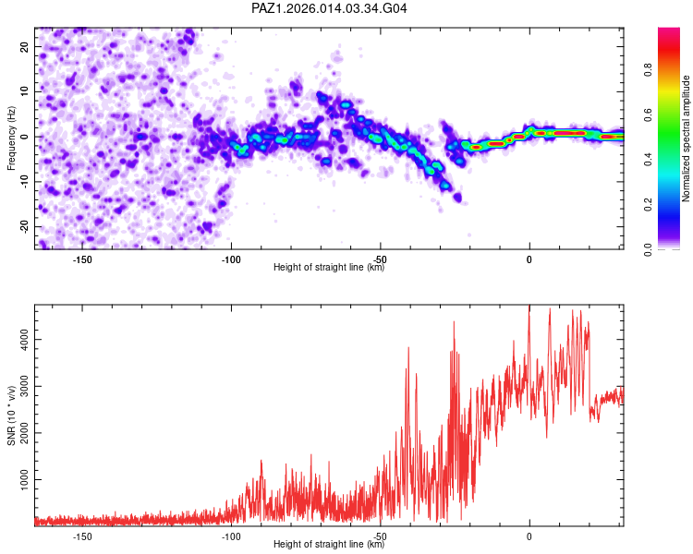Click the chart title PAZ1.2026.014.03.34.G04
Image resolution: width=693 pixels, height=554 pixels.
[x=329, y=8]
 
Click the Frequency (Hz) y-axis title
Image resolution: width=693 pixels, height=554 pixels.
[x=11, y=138]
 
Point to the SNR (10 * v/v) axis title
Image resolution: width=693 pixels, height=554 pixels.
[x=11, y=414]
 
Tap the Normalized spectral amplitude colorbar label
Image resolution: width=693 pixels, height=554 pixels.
[x=687, y=138]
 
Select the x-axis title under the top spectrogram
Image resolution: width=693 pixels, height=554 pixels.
[x=329, y=267]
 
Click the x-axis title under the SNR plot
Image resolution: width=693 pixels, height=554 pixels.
[x=329, y=544]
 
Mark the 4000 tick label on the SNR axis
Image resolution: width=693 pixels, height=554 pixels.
[x=19, y=340]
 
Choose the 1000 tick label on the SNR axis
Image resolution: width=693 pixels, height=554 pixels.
[x=19, y=481]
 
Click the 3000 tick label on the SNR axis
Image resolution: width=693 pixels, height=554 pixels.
[x=19, y=387]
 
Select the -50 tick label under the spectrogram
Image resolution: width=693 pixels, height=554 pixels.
[x=380, y=258]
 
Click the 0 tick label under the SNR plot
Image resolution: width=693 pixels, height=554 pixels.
[x=529, y=536]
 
